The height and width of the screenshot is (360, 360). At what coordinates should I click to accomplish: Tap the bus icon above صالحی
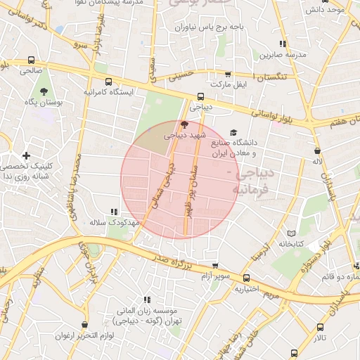(30, 60)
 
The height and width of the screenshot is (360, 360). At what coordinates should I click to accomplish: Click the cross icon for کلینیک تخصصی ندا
(26, 155)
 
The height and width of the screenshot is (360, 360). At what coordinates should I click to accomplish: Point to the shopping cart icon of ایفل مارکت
(227, 74)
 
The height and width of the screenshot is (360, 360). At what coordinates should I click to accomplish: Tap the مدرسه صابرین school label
(283, 54)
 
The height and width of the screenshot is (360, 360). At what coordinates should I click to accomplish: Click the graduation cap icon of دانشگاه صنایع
(233, 131)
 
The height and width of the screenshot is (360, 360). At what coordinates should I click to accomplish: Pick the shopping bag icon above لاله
(318, 150)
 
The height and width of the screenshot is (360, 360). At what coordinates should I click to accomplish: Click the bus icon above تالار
(321, 327)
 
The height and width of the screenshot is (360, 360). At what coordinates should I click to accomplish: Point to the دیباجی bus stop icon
(201, 97)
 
